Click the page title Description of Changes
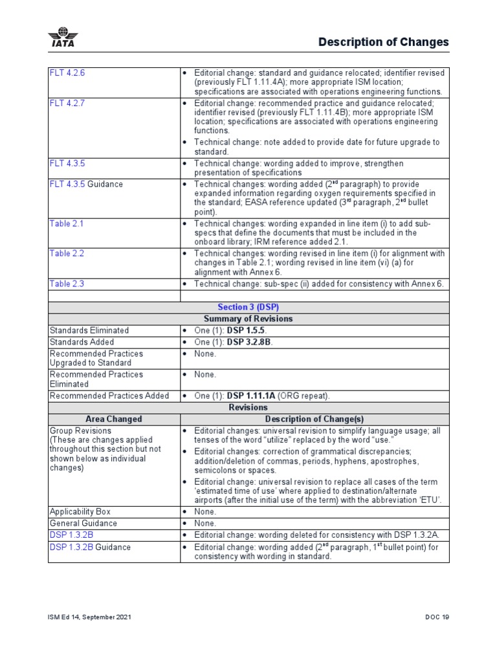coord(383,42)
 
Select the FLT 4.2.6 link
coord(67,73)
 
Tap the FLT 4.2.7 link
coord(67,103)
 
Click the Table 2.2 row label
coord(67,253)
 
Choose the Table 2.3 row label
coord(67,284)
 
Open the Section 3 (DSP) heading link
coord(248,308)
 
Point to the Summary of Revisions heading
coord(248,319)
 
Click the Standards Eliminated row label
coord(89,330)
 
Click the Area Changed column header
coord(113,419)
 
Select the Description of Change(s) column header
coord(314,419)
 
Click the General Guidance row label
coord(83,523)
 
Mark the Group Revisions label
coord(80,431)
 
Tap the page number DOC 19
coord(436,617)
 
